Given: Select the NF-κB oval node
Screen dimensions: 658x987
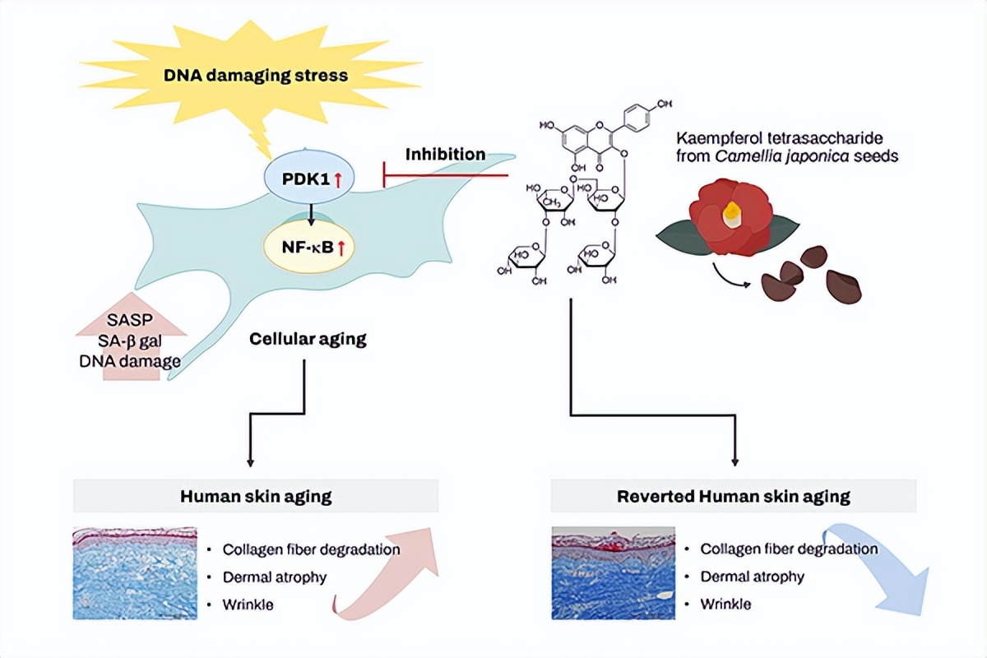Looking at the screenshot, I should coord(309,243).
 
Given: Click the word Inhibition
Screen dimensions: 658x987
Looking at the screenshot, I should coord(444,154).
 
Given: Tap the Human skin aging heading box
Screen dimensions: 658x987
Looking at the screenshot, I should coord(256,497).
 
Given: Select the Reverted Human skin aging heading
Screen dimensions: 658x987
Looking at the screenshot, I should coord(733,497).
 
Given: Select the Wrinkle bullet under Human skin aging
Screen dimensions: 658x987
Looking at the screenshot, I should coord(248,605).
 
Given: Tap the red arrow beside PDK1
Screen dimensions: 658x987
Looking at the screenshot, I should coord(336,177).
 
